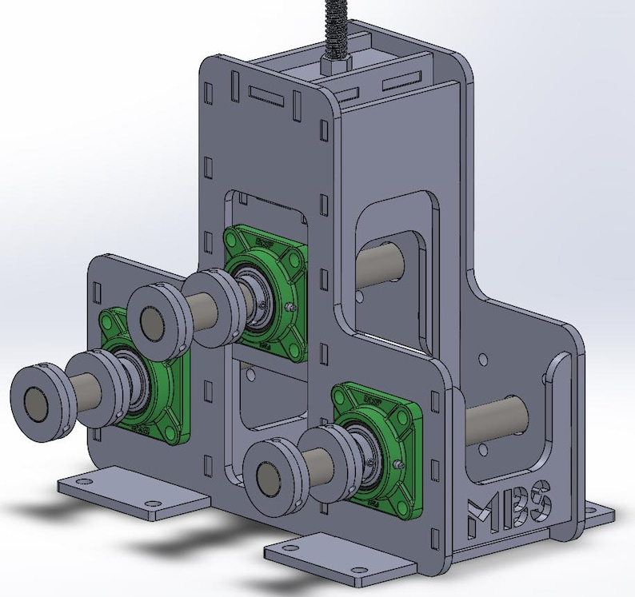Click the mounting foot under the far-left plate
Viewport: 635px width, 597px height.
pyautogui.click(x=132, y=496)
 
